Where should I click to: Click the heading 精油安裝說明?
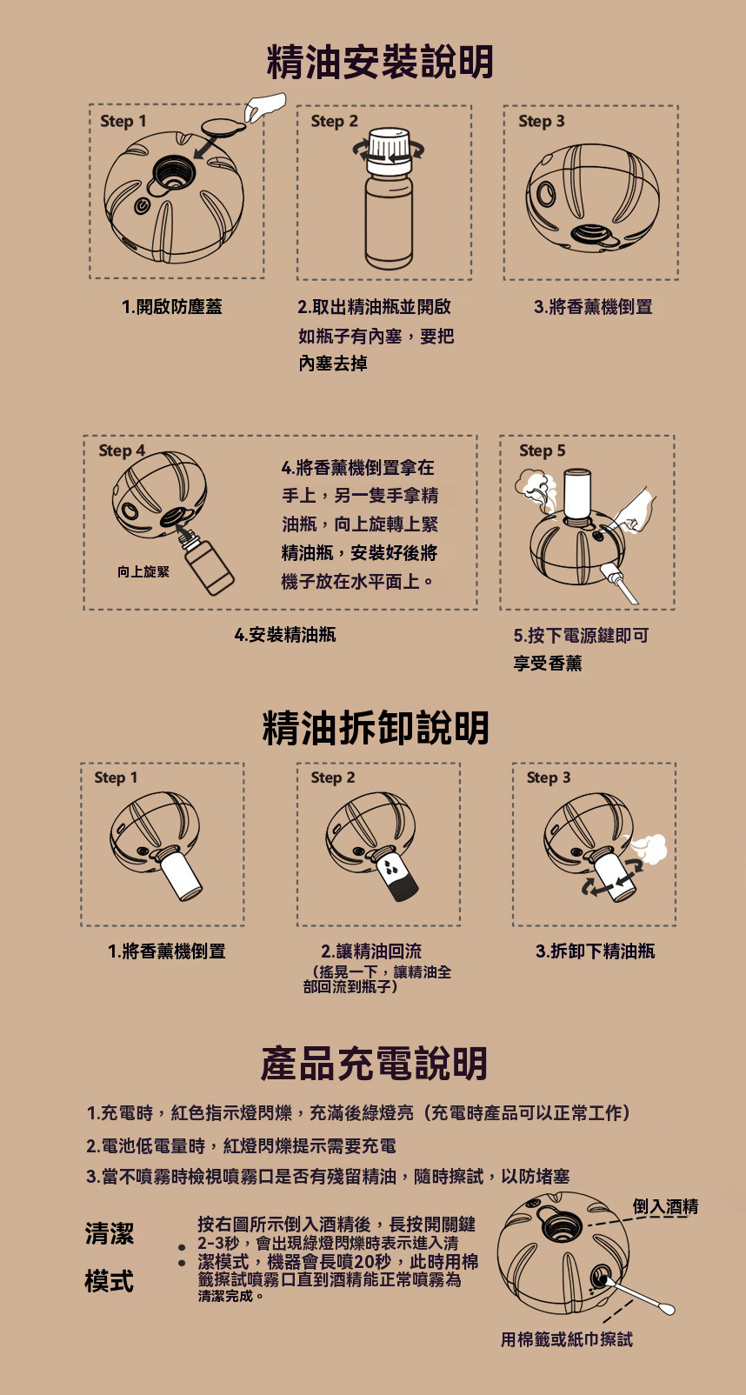tap(380, 63)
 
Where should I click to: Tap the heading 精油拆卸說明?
tap(376, 727)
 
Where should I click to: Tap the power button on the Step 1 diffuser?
tap(143, 206)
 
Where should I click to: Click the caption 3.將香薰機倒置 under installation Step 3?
tap(594, 306)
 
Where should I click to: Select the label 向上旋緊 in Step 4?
tap(143, 571)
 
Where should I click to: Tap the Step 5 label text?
tap(543, 451)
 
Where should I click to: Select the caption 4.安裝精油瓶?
tap(285, 635)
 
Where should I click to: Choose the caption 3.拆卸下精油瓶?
tap(596, 951)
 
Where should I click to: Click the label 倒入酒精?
tap(666, 1206)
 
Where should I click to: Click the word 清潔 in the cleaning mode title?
tap(109, 1233)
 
